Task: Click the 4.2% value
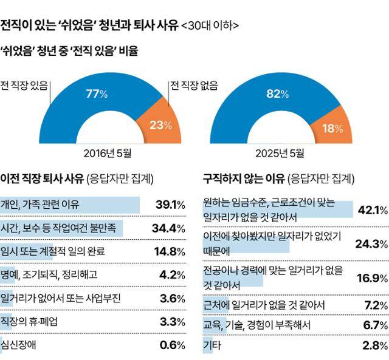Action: point(172,275)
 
